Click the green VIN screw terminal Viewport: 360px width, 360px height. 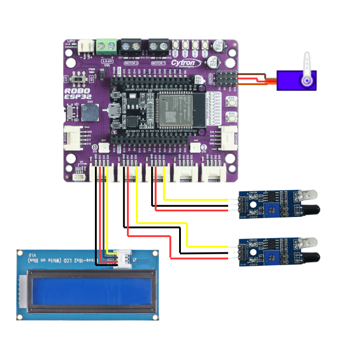tap(107, 46)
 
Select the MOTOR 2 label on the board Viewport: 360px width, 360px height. tap(131, 63)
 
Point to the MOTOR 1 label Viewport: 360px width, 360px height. tap(158, 63)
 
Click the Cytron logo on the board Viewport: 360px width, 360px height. tap(184, 63)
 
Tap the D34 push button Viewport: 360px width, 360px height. tap(232, 103)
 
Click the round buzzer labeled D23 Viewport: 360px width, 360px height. tap(88, 113)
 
